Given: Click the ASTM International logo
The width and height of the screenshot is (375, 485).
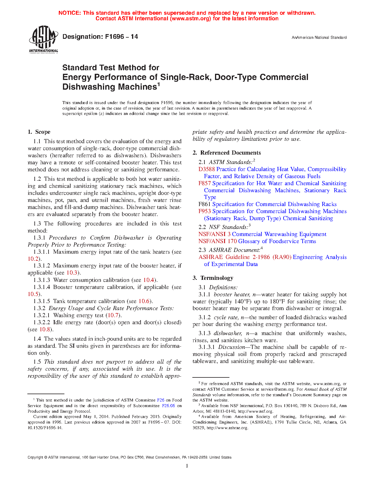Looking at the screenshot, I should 44,39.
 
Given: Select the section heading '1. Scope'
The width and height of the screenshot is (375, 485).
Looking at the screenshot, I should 39,132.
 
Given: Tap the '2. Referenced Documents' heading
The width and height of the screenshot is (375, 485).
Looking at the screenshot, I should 227,153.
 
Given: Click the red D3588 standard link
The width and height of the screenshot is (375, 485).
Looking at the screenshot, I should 206,169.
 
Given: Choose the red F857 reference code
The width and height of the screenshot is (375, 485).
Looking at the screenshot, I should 204,183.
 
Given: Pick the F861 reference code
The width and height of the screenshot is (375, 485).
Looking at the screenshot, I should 204,204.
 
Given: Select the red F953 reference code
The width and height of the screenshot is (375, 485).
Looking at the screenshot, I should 204,211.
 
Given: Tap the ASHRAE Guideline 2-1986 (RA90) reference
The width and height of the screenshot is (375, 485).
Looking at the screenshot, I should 245,257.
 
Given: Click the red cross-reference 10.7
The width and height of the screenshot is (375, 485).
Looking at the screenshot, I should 113,315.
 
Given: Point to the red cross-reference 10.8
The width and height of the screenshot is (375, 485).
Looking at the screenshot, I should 45,330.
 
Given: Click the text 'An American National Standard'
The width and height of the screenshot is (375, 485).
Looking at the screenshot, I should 319,38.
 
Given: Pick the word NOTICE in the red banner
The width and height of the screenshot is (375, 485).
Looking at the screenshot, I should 69,13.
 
